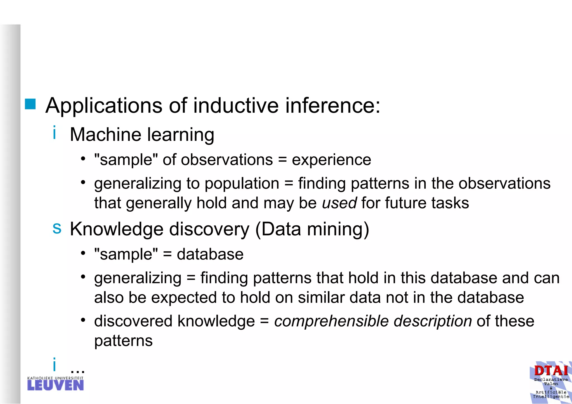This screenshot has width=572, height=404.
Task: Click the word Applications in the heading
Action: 104,106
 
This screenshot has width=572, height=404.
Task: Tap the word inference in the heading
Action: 332,106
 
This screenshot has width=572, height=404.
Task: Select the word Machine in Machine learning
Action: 105,134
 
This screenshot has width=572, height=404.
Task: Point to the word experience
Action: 331,160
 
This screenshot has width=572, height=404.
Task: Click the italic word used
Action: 339,203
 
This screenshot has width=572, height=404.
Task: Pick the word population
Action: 242,184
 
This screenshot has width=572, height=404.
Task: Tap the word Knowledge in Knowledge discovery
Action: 116,229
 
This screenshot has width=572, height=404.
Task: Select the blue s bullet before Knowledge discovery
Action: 57,228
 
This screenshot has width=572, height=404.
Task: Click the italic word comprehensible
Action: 331,321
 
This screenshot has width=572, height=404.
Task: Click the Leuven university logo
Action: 55,384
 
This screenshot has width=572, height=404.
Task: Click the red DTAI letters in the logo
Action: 551,371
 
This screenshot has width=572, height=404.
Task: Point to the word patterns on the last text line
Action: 123,341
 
